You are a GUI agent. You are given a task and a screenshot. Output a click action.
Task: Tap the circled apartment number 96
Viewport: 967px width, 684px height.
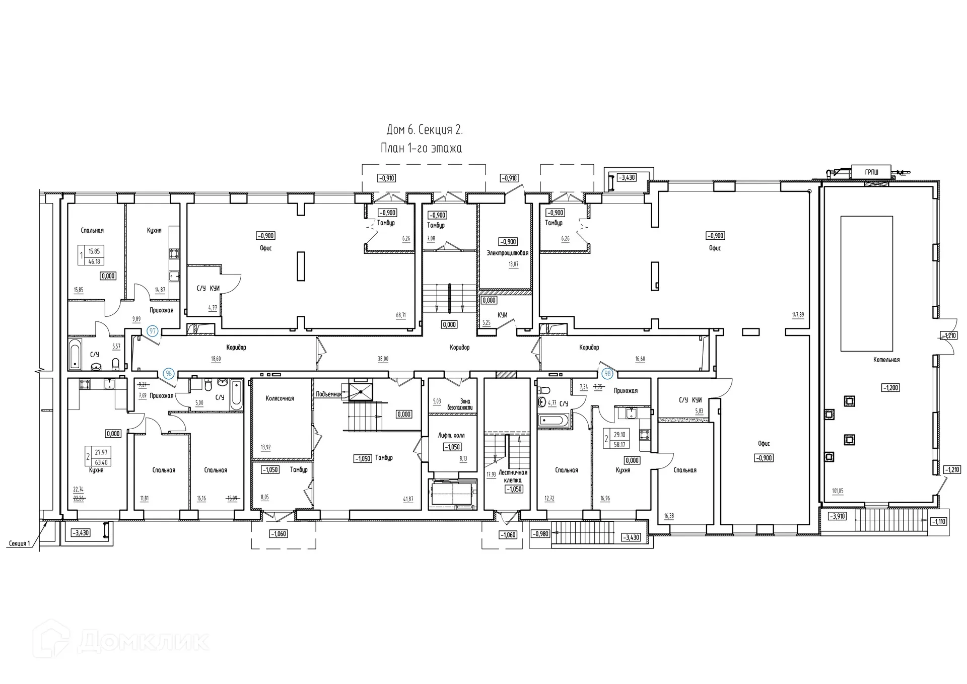click(169, 373)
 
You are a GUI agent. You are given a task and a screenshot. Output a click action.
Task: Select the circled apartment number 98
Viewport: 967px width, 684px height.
click(608, 373)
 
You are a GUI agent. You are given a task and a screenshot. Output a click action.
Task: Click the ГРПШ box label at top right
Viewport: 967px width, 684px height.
click(871, 172)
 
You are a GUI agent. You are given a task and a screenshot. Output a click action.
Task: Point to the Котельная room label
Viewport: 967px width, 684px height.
click(886, 360)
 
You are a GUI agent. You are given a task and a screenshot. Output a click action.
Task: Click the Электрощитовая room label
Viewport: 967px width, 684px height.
click(507, 253)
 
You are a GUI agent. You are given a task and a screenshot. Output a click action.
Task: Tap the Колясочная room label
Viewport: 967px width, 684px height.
click(280, 398)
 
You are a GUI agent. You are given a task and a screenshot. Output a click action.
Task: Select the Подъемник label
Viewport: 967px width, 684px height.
click(329, 394)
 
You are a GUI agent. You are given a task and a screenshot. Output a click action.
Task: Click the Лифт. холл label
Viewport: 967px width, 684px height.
click(451, 435)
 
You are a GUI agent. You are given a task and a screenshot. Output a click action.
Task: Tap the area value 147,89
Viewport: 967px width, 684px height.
click(798, 315)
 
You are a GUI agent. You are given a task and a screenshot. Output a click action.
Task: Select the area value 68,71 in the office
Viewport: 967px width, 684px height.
click(401, 315)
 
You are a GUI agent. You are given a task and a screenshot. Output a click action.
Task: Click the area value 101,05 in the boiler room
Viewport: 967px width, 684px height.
click(837, 491)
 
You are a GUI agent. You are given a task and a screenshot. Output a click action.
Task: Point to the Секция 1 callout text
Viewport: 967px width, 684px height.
click(20, 543)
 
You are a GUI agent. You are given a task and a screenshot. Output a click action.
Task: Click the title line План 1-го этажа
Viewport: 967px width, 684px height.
click(422, 148)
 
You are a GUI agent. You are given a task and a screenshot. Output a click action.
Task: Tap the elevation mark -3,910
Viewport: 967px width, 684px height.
click(837, 516)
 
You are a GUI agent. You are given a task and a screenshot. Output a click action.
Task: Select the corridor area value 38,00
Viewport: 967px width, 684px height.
click(383, 359)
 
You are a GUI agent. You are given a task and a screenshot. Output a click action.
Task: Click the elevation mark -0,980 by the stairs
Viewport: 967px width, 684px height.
click(540, 534)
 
